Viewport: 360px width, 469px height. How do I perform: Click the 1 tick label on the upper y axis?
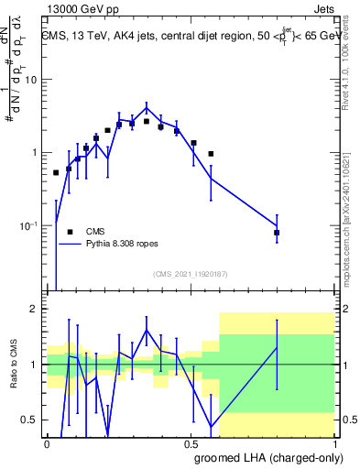[x=38, y=153]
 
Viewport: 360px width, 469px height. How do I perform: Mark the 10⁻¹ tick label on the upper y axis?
[x=32, y=225]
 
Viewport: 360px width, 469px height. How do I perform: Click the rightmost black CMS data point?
[x=277, y=234]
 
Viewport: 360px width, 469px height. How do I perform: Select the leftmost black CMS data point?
[x=56, y=172]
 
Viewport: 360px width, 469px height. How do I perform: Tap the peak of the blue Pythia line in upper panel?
[x=147, y=107]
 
